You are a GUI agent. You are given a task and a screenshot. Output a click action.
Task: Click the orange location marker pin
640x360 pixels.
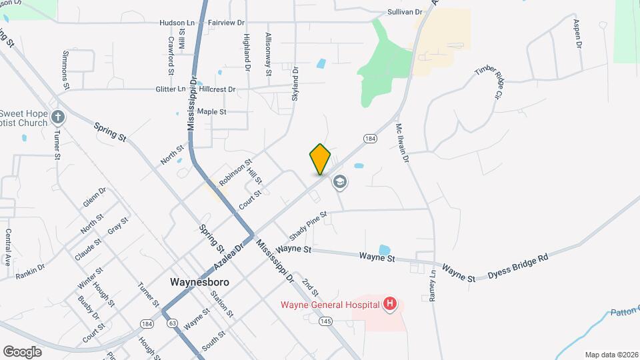[x=320, y=159]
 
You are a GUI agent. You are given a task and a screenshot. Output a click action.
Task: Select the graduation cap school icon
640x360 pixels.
[x=340, y=182]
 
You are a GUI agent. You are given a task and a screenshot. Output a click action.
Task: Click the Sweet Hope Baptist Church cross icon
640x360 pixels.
[x=58, y=118]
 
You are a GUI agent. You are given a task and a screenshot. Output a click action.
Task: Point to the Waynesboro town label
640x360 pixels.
[x=200, y=282]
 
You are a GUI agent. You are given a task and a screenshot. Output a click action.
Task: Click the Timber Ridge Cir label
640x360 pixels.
[x=487, y=81]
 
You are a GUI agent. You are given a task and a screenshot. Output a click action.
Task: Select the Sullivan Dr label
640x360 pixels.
[x=405, y=12]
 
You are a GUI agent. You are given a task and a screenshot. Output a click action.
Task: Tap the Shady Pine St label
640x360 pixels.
[x=307, y=227]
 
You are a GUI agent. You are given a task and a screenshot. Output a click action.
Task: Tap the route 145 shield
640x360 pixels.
[x=325, y=321]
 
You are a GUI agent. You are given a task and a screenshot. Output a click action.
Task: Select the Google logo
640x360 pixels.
[x=22, y=351]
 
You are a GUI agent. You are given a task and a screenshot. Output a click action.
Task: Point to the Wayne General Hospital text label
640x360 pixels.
[x=330, y=305]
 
